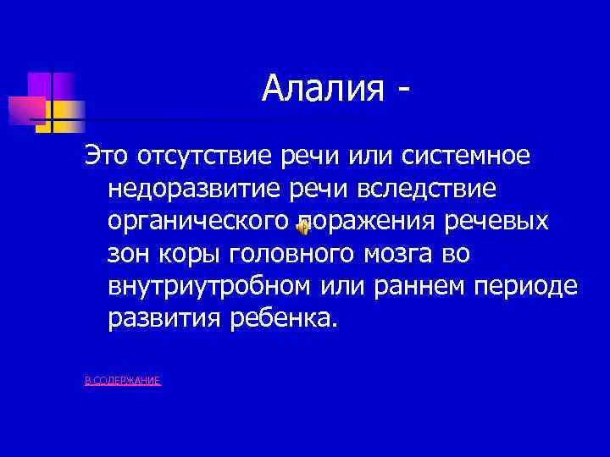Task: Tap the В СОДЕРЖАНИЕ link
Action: pos(123,382)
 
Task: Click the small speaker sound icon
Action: pos(302,224)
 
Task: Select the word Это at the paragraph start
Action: pos(105,156)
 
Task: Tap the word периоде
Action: pos(524,285)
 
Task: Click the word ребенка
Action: pos(281,317)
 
